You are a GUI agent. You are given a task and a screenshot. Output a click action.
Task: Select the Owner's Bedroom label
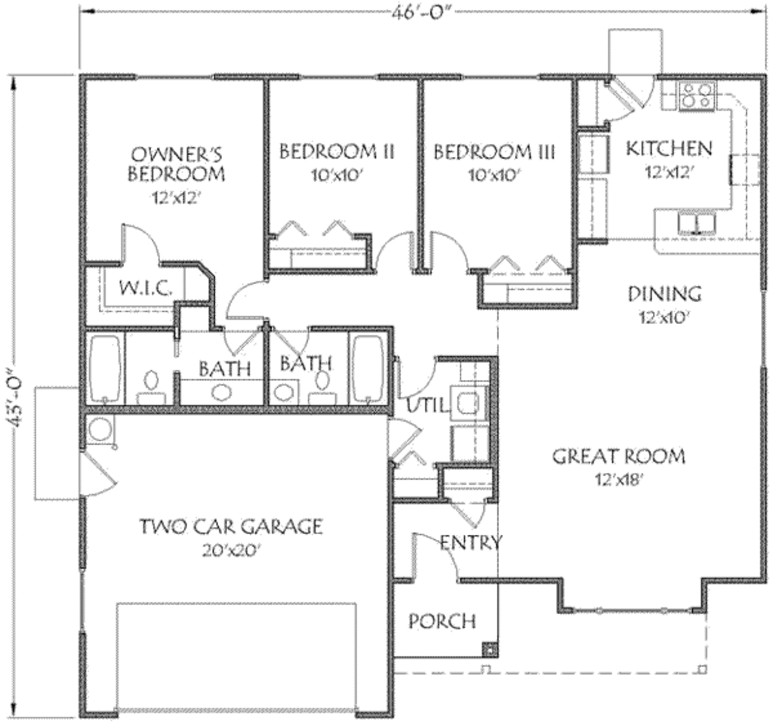point(176,164)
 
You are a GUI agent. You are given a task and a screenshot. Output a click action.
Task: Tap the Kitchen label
point(669,147)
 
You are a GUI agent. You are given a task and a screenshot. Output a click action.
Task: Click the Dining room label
point(665,293)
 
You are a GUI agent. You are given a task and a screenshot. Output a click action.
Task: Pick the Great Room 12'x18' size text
point(618,479)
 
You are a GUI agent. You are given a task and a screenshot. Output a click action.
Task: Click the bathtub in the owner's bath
point(104,368)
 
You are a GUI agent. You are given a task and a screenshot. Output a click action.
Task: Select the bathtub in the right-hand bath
point(369,368)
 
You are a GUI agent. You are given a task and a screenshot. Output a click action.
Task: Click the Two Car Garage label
point(230,527)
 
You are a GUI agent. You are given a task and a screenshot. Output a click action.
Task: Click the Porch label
point(442,621)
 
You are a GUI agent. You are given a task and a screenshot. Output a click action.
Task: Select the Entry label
point(470,542)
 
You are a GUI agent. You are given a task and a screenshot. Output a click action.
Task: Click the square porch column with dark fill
point(489,648)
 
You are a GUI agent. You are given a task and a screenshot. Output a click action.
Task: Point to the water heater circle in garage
point(99,431)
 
